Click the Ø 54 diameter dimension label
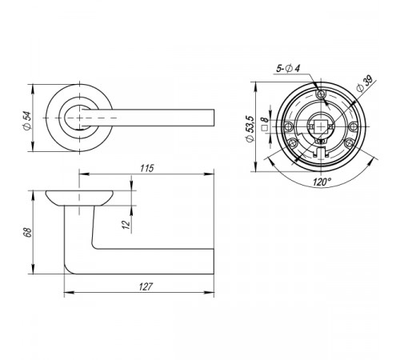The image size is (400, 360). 27,121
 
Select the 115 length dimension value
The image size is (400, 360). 147,168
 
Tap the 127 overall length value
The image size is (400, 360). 146,286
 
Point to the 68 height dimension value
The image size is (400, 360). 27,232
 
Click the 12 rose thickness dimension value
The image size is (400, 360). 126,225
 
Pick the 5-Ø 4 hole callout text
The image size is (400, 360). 288,69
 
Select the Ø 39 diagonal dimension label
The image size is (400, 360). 365,84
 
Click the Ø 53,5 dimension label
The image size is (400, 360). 250,129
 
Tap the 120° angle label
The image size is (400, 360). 322,182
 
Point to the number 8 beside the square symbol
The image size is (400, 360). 264,119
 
